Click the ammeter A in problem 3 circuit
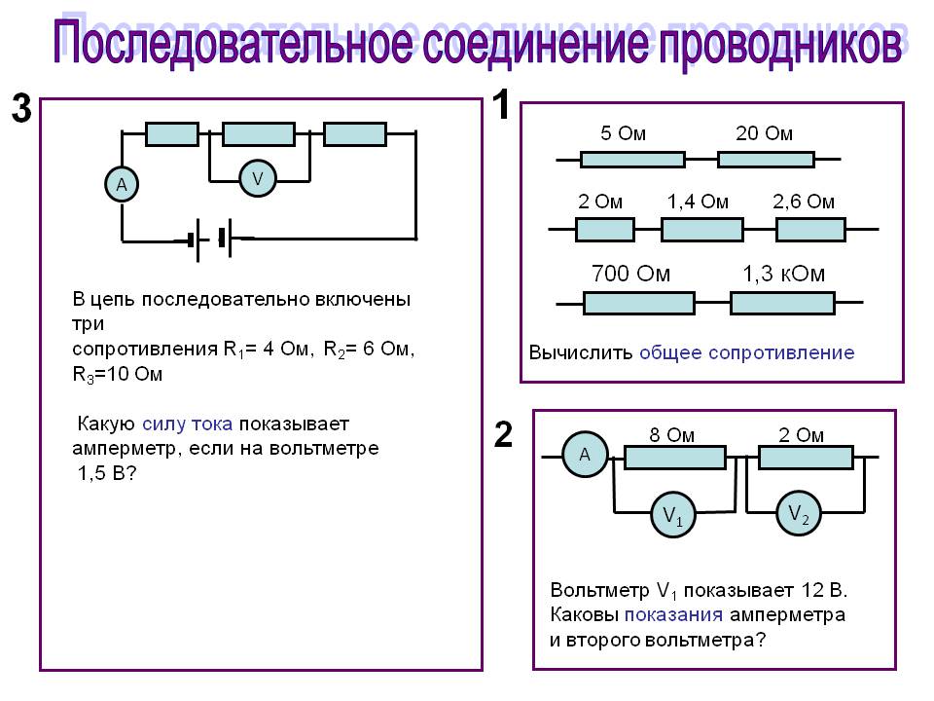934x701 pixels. [x=122, y=185]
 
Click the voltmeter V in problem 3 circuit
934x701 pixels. [x=257, y=178]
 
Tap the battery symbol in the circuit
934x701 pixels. [x=210, y=240]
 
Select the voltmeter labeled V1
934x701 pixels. [x=673, y=514]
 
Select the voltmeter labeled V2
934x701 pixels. [x=798, y=513]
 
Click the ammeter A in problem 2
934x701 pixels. [x=585, y=455]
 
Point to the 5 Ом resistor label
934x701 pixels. [x=623, y=133]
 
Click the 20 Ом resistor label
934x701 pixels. [x=765, y=133]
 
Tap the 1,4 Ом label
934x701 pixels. [x=698, y=203]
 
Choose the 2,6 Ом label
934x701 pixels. [x=804, y=202]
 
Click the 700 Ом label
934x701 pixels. [x=630, y=274]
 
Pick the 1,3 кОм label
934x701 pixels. [x=783, y=274]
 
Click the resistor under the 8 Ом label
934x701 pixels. [x=675, y=458]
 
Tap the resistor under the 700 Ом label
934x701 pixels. [x=638, y=303]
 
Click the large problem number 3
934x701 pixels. [x=21, y=108]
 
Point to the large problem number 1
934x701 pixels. [x=502, y=104]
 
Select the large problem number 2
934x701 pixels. [x=503, y=434]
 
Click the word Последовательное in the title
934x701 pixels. [x=233, y=43]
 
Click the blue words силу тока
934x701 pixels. [x=187, y=424]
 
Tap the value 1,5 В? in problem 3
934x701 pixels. [x=107, y=473]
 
